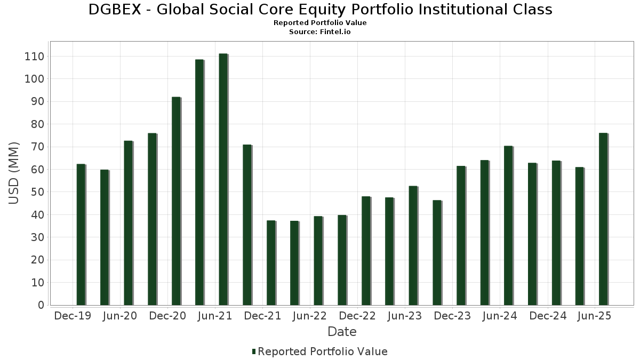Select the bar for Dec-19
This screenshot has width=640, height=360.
(81, 235)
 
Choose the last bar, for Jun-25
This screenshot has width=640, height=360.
(603, 219)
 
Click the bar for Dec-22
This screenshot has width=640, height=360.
(366, 251)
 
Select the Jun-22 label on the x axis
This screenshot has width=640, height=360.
(310, 316)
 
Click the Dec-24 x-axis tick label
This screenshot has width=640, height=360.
(547, 316)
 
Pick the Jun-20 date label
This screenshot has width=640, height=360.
(120, 316)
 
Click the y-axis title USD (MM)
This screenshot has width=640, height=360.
(14, 173)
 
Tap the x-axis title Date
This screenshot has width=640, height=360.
(342, 332)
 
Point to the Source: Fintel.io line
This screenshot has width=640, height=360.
(320, 32)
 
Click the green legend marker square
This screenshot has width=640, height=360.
(254, 351)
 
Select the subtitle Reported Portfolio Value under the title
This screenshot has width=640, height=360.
(320, 23)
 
